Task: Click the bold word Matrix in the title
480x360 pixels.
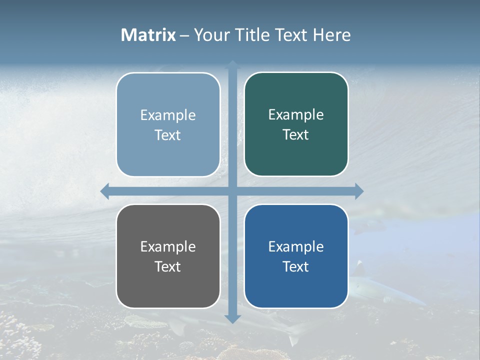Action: [148, 35]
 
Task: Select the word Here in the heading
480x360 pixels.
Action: [331, 35]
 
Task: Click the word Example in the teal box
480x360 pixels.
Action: [296, 115]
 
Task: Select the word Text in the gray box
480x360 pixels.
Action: [167, 266]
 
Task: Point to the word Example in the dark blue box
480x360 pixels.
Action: [296, 246]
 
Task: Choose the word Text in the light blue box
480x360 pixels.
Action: [167, 135]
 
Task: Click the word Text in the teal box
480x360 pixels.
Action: [296, 135]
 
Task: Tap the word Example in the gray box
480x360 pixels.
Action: [168, 246]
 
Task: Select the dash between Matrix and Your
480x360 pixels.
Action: [184, 35]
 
